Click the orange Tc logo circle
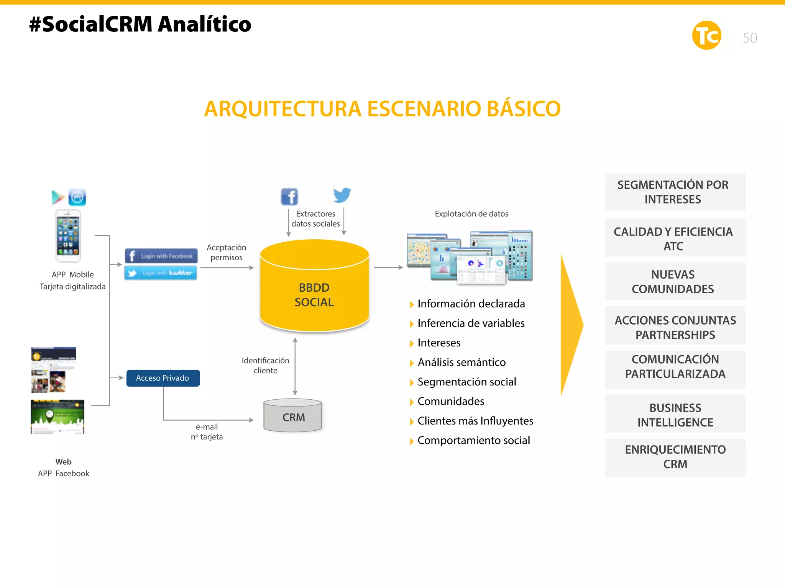pyautogui.click(x=706, y=36)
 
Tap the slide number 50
pyautogui.click(x=750, y=38)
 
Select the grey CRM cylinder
pyautogui.click(x=293, y=416)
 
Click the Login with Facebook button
pyautogui.click(x=161, y=256)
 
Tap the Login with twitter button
pyautogui.click(x=161, y=273)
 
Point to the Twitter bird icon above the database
pyautogui.click(x=342, y=195)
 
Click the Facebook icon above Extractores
pyautogui.click(x=289, y=197)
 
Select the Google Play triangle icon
pyautogui.click(x=57, y=197)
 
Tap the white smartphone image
pyautogui.click(x=68, y=236)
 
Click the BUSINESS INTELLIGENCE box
pyautogui.click(x=675, y=415)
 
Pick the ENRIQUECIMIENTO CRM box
pyautogui.click(x=675, y=457)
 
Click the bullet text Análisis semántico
pyautogui.click(x=461, y=362)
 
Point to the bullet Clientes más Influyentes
pyautogui.click(x=475, y=421)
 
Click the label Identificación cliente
pyautogui.click(x=265, y=366)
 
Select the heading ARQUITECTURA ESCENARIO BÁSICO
pyautogui.click(x=382, y=109)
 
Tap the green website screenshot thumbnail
pyautogui.click(x=57, y=416)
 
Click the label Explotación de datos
pyautogui.click(x=471, y=214)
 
